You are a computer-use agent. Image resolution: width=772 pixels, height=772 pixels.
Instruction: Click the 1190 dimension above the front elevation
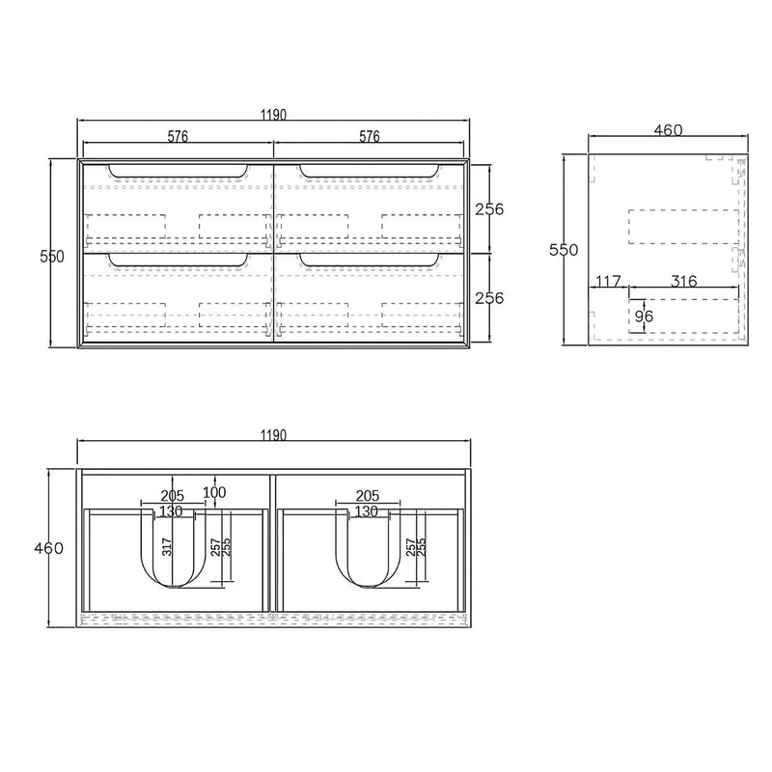point(273,115)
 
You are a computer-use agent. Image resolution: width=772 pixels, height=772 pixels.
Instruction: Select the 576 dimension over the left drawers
point(178,136)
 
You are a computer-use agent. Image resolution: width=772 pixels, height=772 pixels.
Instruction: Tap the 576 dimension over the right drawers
point(369,136)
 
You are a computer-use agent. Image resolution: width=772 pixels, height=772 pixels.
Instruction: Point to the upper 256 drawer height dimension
point(490,208)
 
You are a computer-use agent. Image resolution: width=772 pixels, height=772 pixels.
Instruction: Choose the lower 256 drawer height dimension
point(490,298)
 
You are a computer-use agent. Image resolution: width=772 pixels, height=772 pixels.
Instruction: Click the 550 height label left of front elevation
point(52,256)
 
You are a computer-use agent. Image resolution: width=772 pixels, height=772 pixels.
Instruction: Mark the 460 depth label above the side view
point(668,130)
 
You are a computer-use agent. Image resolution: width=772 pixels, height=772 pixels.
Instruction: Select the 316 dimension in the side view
point(683,281)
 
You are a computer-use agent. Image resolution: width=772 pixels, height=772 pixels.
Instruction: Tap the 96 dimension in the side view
point(644,315)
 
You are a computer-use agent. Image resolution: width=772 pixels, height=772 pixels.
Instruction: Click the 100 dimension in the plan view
point(214,492)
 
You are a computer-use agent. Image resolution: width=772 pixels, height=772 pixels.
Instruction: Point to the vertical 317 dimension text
point(166,547)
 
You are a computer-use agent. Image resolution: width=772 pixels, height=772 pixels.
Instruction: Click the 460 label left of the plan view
point(48,548)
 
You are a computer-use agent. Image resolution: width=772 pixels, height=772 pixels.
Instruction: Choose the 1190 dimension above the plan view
point(273,435)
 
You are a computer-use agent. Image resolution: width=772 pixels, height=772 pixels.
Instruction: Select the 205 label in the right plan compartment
point(367,495)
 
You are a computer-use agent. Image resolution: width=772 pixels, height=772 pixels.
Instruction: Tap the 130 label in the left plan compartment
point(172,510)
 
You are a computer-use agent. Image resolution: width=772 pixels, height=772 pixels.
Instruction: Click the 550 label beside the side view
point(563,249)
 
